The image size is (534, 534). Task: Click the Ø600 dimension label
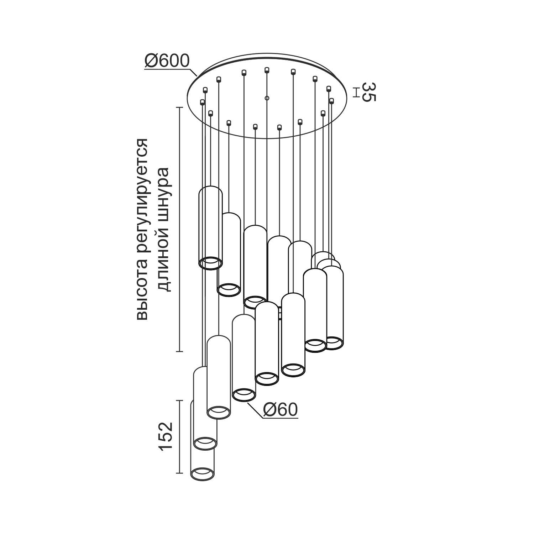167,61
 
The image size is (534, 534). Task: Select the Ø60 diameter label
280,410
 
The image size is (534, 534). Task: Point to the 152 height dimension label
166,437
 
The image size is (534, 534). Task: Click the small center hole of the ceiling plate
267,98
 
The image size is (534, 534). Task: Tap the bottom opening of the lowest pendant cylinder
203,474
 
